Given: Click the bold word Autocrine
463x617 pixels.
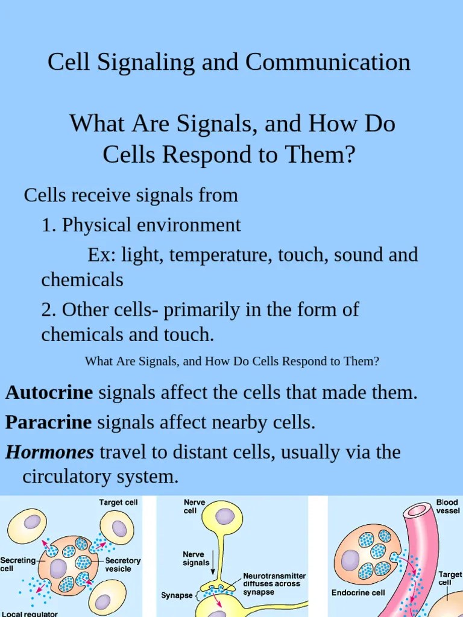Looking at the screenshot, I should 49,393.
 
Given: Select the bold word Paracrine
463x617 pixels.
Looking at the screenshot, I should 48,422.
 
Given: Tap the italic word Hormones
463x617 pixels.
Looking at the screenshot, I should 49,452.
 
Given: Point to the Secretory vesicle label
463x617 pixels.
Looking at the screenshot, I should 122,565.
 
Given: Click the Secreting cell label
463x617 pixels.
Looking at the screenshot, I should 18,565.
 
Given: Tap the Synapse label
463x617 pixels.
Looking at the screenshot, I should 177,595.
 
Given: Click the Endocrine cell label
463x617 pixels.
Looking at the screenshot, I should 358,593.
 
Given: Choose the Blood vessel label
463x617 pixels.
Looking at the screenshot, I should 447,506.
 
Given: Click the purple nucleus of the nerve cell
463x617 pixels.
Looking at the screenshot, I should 225,516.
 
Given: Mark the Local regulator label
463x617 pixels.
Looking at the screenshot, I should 29,613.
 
